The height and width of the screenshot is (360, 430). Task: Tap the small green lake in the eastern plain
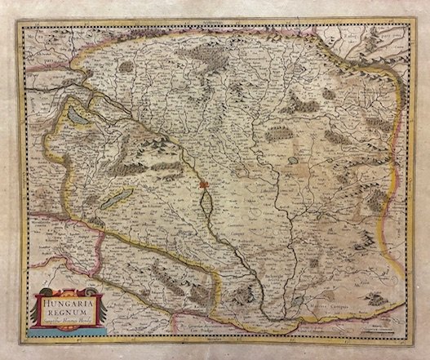[x=295, y=150]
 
